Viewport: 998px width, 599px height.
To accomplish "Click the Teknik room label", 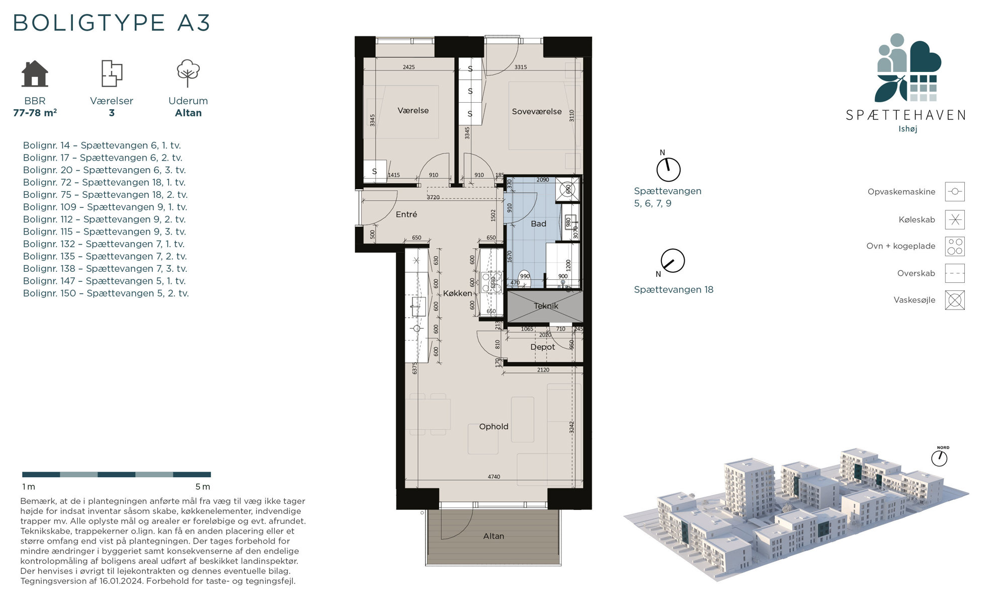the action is [546, 306].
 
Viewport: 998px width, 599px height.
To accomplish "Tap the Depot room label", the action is [543, 347].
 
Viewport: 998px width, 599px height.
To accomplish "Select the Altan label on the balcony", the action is [493, 536].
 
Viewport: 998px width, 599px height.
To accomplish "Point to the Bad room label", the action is [538, 223].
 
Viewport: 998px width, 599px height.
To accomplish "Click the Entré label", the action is [406, 214].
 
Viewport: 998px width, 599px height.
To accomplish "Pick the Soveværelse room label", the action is [537, 112].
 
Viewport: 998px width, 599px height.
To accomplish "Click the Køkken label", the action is [457, 293].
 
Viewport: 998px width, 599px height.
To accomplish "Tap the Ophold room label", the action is [493, 427].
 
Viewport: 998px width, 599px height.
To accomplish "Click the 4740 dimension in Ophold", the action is [494, 477].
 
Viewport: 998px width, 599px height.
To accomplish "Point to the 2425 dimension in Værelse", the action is [408, 67].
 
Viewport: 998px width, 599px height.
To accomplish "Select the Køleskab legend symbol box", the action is [955, 220].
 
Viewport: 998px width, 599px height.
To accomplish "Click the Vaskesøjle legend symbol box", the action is [955, 301].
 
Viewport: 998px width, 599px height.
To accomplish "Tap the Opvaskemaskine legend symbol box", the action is [955, 192].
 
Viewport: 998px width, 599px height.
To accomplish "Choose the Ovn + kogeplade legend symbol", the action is [955, 247].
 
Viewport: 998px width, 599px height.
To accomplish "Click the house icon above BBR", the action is [35, 73].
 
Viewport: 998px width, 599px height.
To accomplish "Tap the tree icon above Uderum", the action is [188, 73].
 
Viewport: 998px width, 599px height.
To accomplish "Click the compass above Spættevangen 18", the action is [673, 261].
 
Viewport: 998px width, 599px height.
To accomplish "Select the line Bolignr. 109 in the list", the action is [105, 207].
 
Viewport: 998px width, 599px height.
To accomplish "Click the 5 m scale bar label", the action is [203, 487].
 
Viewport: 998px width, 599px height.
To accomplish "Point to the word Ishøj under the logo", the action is [908, 129].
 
